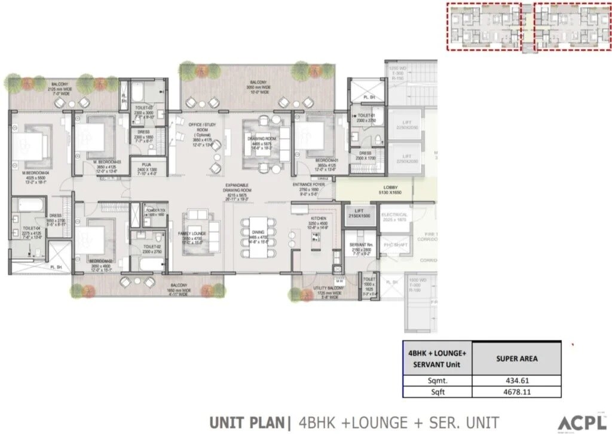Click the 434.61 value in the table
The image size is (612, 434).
[x=516, y=380]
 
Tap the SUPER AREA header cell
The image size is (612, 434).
[x=516, y=359]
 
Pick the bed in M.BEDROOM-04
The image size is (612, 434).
[x=32, y=145]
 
